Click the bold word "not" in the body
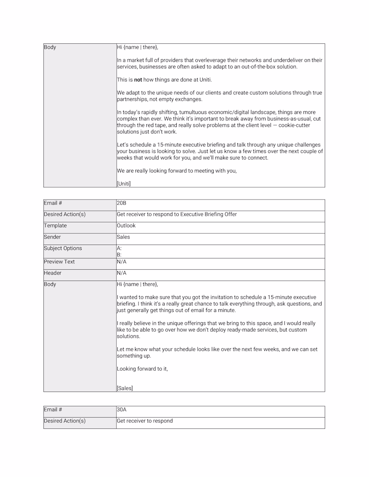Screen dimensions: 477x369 (138, 80)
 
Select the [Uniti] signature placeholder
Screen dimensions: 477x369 (124, 183)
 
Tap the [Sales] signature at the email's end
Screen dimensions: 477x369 (125, 389)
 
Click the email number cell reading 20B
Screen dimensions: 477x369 (122, 203)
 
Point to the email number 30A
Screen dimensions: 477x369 (122, 409)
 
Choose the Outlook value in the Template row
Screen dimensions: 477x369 (126, 225)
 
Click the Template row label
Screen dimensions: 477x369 (56, 225)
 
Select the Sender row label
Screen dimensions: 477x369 (53, 237)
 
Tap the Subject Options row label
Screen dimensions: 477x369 (63, 248)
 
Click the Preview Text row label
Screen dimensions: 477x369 (59, 261)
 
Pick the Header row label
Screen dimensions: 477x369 (53, 273)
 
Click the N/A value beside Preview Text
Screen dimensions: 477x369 (122, 261)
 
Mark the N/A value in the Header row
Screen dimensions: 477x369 (122, 273)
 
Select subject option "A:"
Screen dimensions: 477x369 (119, 248)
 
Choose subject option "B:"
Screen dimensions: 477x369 (119, 255)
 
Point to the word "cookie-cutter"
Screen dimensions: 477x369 (295, 125)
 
